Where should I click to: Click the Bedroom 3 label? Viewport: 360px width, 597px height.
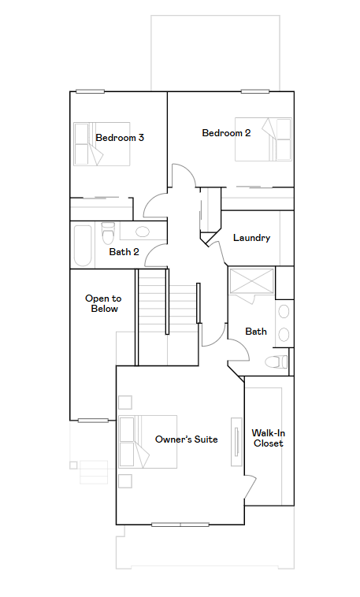point(120,138)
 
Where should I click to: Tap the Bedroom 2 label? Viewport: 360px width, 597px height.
point(226,133)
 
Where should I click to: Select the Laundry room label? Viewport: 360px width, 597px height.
point(252,238)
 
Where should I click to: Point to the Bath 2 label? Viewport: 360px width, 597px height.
point(124,252)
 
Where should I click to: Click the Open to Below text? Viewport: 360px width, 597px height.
point(104,303)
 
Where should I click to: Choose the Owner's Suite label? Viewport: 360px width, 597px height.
point(186,439)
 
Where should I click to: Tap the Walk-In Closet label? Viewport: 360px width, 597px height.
point(268,438)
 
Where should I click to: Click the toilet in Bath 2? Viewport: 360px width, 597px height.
point(108,233)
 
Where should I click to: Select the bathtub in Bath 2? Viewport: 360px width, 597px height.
point(83,246)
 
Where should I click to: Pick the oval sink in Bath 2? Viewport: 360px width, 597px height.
point(143,231)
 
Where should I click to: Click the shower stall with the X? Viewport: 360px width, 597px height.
point(251,282)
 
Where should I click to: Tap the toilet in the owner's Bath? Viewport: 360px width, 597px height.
point(276,362)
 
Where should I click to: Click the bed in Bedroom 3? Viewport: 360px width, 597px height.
point(102,144)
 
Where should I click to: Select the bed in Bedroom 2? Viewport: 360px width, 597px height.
point(263,139)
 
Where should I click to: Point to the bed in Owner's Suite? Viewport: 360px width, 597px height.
point(148,442)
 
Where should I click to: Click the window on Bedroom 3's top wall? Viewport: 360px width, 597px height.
point(90,91)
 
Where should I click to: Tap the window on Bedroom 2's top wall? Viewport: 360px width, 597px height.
point(255,91)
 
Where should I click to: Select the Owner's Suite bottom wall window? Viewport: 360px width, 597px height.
point(180,525)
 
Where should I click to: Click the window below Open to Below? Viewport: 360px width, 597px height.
point(93,421)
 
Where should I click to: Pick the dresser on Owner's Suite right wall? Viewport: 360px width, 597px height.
point(236,442)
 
